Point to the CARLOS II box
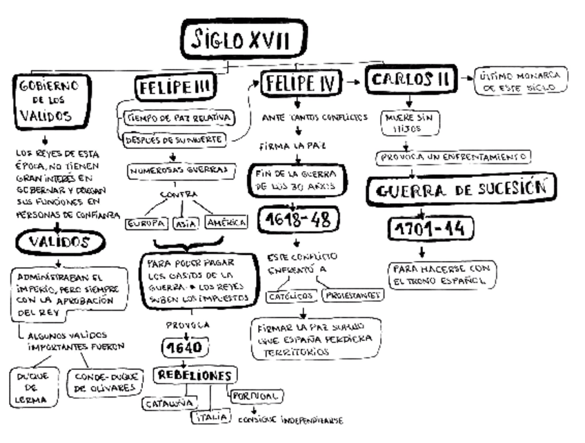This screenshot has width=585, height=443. [x=412, y=81]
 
